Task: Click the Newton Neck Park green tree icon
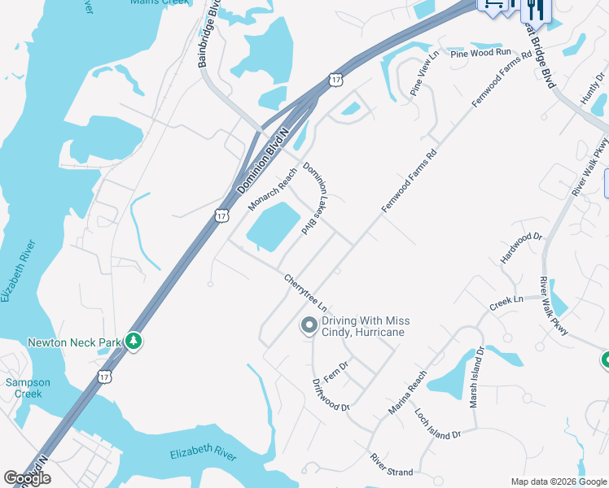134,342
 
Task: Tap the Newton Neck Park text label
74,342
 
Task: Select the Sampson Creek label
28,388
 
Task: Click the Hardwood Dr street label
522,248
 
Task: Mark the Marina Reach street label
407,393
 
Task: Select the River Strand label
392,465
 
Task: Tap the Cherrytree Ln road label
305,293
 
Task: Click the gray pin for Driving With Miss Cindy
309,326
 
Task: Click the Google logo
27,478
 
